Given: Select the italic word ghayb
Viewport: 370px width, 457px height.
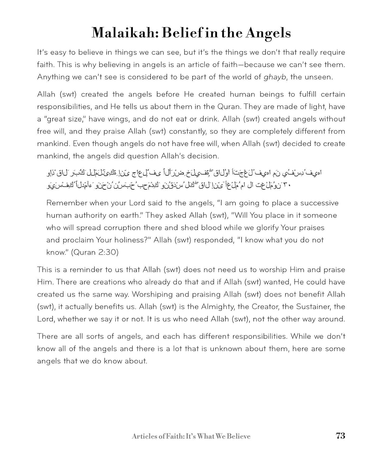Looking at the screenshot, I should point(275,77).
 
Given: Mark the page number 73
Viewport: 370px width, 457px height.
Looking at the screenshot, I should point(340,436).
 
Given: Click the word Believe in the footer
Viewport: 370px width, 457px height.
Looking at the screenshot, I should point(239,436).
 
